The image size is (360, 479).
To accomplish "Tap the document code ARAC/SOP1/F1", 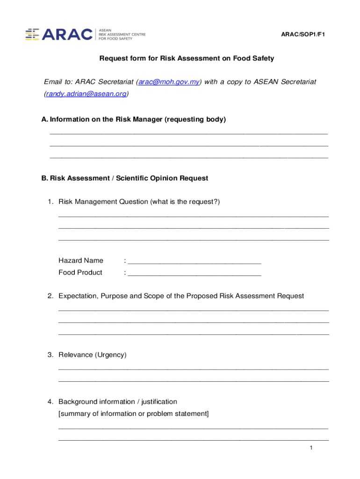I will point(302,35).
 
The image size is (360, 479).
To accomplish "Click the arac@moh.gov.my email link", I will point(169,82).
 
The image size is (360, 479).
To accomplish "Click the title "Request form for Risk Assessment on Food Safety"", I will point(187,58).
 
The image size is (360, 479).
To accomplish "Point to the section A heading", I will point(134,119).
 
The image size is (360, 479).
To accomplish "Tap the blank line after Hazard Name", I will point(194,261).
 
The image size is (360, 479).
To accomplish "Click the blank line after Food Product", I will point(194,273).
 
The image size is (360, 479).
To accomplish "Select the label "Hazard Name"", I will point(81,261).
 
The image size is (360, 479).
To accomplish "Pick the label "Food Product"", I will point(80,273).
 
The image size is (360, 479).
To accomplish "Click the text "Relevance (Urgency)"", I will point(93,355).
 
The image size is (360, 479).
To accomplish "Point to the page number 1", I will point(310,449).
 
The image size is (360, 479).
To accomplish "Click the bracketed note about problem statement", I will point(134,414).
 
